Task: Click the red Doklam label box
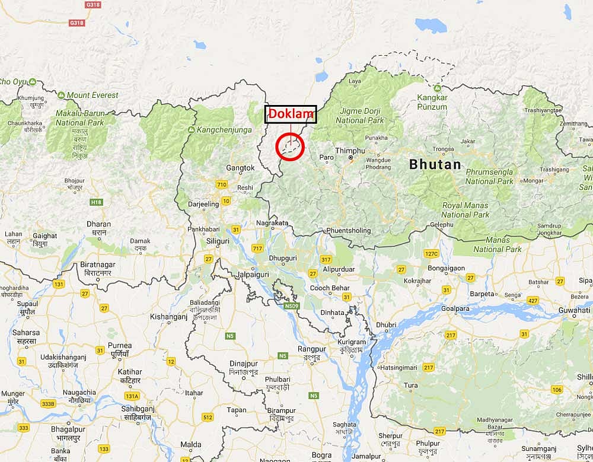(x=291, y=114)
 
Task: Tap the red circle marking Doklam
(x=290, y=146)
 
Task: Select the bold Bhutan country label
(x=435, y=165)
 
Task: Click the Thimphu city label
(x=346, y=151)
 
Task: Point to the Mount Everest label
(x=92, y=95)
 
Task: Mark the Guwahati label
(x=573, y=310)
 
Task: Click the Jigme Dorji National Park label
(x=359, y=116)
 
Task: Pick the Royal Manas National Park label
(x=465, y=210)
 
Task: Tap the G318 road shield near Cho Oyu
(x=76, y=23)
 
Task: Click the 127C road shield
(x=431, y=254)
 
